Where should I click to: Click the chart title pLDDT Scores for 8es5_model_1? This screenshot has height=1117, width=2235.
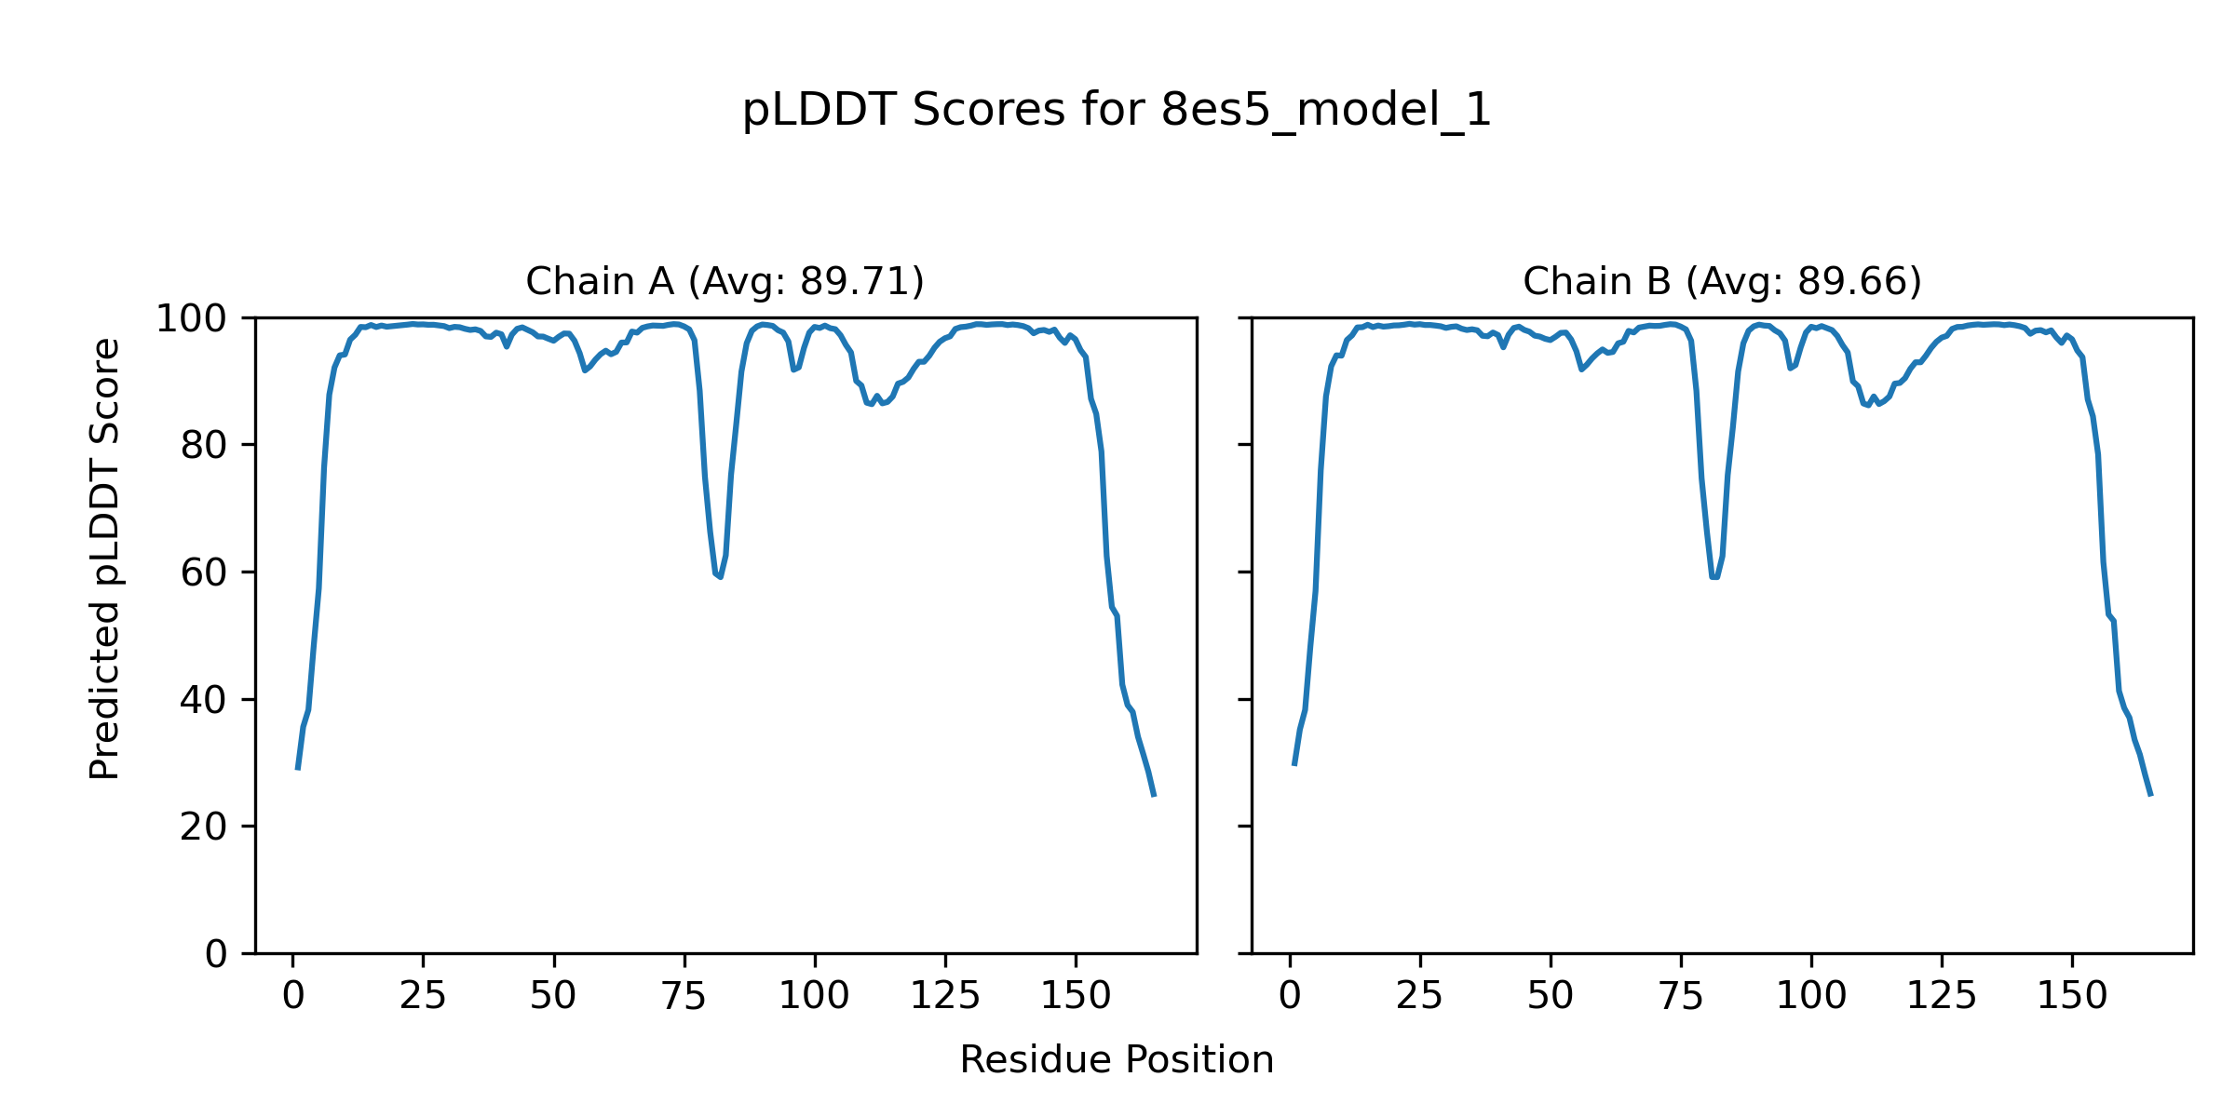tap(1117, 111)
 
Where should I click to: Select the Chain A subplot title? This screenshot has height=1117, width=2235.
tap(725, 282)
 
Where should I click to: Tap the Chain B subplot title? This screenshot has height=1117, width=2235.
tap(1722, 282)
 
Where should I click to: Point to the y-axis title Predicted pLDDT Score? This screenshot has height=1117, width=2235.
tap(105, 558)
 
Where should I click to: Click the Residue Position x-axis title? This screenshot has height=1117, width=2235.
tap(1117, 1060)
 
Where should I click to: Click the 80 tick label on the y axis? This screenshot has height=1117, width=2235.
tap(204, 447)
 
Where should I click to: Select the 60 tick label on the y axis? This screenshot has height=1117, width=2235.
tap(204, 573)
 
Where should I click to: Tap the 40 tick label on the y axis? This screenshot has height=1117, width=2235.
tap(204, 701)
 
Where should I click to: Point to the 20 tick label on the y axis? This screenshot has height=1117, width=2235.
tap(204, 828)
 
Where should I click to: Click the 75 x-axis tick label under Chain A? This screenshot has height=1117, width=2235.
tap(684, 997)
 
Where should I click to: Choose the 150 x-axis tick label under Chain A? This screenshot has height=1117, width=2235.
tap(1076, 997)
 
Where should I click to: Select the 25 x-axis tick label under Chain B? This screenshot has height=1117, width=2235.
tap(1419, 997)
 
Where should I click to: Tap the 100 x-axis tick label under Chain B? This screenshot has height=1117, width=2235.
tap(1811, 997)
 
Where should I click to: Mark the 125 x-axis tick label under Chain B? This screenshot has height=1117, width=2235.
tap(1942, 997)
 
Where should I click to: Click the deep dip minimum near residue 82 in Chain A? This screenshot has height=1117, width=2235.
tap(720, 577)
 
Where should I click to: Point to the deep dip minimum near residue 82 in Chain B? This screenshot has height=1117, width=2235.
tap(1714, 578)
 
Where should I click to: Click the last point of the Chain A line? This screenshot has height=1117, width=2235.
tap(1154, 796)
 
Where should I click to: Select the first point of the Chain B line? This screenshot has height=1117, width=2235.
tap(1294, 765)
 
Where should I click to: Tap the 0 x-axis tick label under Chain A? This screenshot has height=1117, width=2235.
tap(293, 997)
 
